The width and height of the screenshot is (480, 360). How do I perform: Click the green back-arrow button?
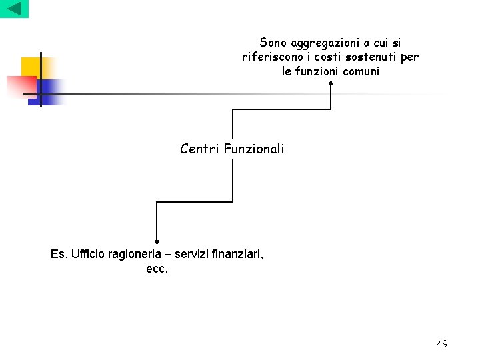(14, 9)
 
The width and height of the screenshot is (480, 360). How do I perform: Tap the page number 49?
(442, 344)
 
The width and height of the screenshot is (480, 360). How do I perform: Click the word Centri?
(200, 149)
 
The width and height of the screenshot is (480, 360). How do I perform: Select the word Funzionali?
(254, 149)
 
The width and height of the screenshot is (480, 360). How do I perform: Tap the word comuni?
(361, 71)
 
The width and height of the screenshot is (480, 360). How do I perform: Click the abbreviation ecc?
(157, 269)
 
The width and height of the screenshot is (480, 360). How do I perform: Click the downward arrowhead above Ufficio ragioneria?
(157, 241)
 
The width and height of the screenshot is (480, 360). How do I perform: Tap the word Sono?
(273, 43)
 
